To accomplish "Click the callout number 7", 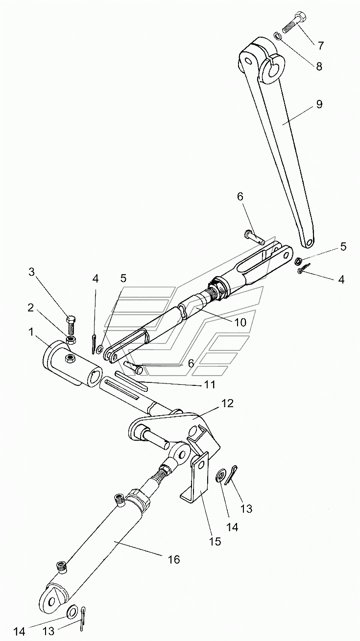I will pos(321,46).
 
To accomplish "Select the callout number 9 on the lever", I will pos(319,104).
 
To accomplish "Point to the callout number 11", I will pos(209,385).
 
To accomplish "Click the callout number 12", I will pos(227,404).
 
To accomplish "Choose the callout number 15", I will pos(215,541).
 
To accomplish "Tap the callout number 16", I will pos(173,559).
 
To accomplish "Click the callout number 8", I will pos(319,67).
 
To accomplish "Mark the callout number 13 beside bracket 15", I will pos(246,509).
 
